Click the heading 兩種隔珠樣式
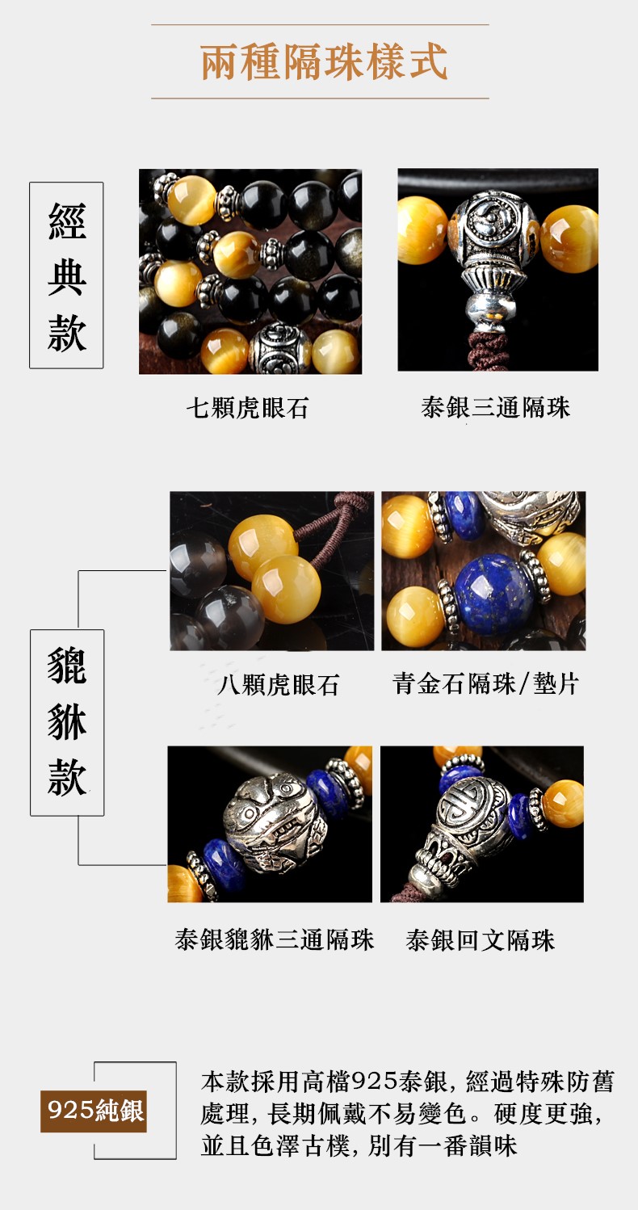[x=324, y=61]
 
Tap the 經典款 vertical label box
[x=66, y=275]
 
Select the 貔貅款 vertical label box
[x=67, y=722]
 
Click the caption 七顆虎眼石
[x=247, y=408]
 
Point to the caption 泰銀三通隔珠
[x=495, y=407]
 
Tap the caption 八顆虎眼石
[x=278, y=684]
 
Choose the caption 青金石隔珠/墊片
[x=485, y=684]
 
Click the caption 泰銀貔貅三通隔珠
[x=275, y=940]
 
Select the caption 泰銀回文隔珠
[x=481, y=940]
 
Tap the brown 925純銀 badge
[x=94, y=1111]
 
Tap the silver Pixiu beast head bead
[x=275, y=821]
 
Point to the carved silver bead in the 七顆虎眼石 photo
[x=280, y=348]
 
